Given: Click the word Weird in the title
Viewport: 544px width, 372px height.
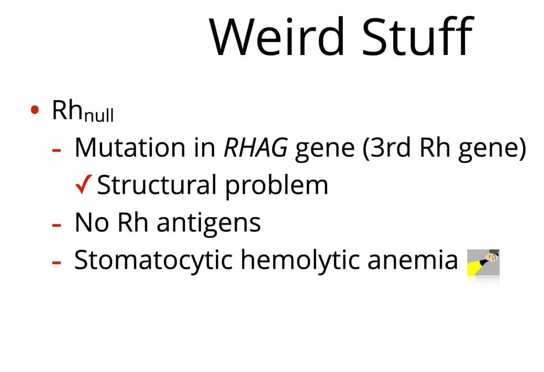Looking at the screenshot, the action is coord(277,36).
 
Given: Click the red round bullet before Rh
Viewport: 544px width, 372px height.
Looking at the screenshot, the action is coord(35,110).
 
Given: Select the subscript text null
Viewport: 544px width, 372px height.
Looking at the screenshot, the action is coord(99,114).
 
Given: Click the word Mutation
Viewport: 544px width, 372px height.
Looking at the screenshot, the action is coord(130,147).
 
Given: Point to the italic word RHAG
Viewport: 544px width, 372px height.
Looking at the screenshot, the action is coord(256,147).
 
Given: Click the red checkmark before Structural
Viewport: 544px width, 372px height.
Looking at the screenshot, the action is coord(84,184).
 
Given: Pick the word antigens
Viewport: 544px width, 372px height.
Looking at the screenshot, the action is coord(208,223).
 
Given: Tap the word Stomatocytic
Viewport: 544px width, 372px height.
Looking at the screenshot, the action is coord(153,260).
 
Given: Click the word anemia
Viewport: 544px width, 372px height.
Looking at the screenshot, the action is coord(413,261).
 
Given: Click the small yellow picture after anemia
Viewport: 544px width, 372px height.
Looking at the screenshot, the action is coord(483,262).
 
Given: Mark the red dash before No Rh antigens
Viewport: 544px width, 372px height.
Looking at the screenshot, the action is coord(57,225).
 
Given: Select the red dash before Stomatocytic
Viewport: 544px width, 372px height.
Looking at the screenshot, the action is coord(57,262).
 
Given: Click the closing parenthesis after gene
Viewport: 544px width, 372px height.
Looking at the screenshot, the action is coord(523,148).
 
